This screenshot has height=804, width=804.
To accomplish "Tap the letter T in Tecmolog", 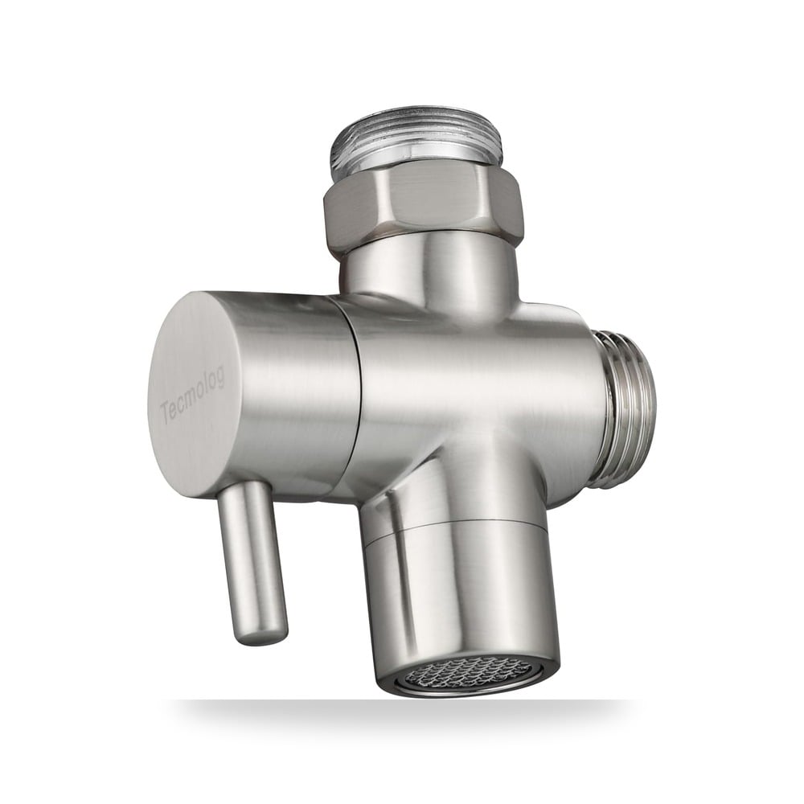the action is click(x=165, y=414).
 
